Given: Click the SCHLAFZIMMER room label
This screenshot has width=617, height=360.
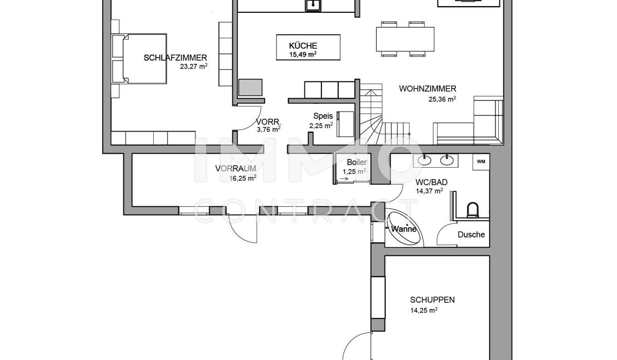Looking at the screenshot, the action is tap(175, 58).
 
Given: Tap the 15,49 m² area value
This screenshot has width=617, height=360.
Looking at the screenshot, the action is tap(302, 55).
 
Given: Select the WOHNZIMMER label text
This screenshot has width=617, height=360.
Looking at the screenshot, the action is tap(427, 88).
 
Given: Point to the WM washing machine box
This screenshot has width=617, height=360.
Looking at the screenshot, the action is tap(481, 161).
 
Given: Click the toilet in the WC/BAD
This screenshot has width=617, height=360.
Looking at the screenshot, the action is tap(473, 210).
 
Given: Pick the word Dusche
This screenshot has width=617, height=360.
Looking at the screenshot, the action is tap(471, 235).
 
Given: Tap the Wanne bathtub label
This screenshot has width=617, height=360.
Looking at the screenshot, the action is tap(404, 229).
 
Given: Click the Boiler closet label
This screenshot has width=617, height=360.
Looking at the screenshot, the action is tap(357, 162).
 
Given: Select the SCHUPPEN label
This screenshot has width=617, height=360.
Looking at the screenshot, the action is tap(432, 300).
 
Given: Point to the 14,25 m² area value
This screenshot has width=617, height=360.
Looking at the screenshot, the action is tap(424, 311).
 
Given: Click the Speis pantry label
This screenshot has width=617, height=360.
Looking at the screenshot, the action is tap(323, 116).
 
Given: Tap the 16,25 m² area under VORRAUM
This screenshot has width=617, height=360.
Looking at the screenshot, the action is tap(243, 178).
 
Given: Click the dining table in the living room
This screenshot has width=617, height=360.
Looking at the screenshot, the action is tap(405, 39).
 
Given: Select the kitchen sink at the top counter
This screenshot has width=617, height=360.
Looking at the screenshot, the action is tap(313, 5).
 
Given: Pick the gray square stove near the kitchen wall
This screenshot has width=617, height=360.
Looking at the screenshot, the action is tap(250, 87).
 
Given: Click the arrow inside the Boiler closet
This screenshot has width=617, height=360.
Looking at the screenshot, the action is tap(344, 179).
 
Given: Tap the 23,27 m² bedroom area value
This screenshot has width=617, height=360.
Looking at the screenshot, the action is tap(194, 66).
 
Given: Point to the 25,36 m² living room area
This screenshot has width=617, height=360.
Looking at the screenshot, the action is tap(442, 99).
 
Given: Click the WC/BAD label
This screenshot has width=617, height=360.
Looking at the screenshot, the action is tap(431, 182).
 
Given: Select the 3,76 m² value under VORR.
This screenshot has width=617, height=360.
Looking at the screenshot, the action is tap(268, 130).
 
